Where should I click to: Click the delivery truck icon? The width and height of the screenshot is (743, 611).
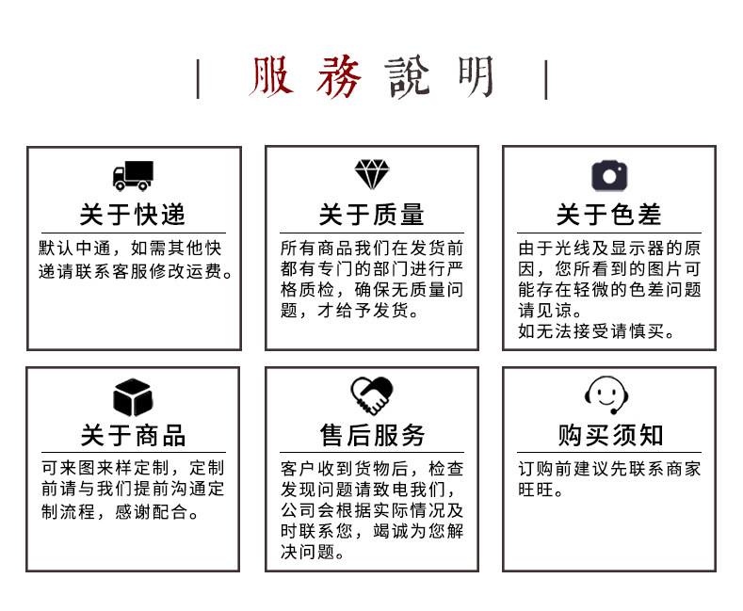click(x=133, y=175)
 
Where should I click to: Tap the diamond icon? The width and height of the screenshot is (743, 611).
click(x=371, y=174)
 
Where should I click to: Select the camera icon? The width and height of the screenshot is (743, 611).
click(x=608, y=175)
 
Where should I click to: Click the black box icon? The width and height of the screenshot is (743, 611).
click(x=133, y=396)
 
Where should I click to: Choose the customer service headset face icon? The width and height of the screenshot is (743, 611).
click(x=607, y=395)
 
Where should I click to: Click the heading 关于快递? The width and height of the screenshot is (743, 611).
click(x=133, y=215)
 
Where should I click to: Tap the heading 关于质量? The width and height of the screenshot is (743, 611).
click(x=371, y=215)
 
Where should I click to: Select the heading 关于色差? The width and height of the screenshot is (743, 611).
click(x=608, y=215)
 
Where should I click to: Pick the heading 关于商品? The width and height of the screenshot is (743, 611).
click(x=133, y=435)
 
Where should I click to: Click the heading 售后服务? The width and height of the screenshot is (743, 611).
click(x=371, y=435)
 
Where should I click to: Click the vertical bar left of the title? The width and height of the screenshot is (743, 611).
click(x=198, y=79)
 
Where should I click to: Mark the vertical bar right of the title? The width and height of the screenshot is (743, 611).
click(x=546, y=79)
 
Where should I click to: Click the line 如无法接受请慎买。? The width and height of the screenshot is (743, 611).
click(x=597, y=331)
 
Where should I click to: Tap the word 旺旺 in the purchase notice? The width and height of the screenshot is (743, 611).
click(x=541, y=490)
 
